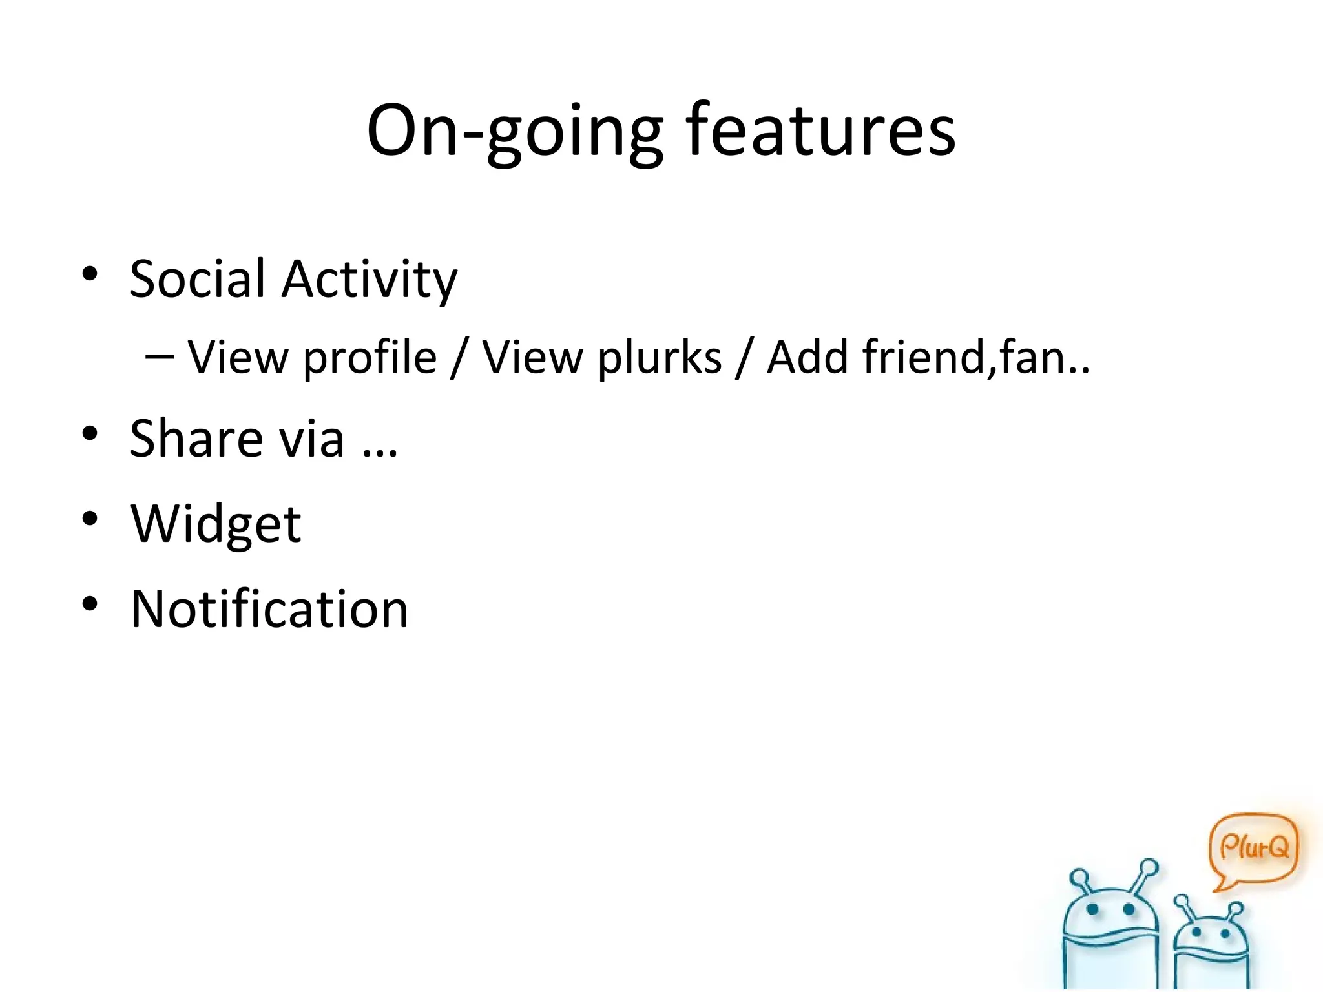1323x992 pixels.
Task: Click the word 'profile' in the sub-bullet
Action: point(370,357)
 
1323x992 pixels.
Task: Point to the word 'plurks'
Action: point(660,357)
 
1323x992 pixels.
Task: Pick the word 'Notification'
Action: point(269,609)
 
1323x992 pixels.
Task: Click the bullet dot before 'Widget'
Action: point(90,519)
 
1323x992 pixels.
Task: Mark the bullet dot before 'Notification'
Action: point(90,604)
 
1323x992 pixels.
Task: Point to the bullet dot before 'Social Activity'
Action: point(90,274)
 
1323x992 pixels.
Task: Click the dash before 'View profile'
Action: point(160,356)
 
